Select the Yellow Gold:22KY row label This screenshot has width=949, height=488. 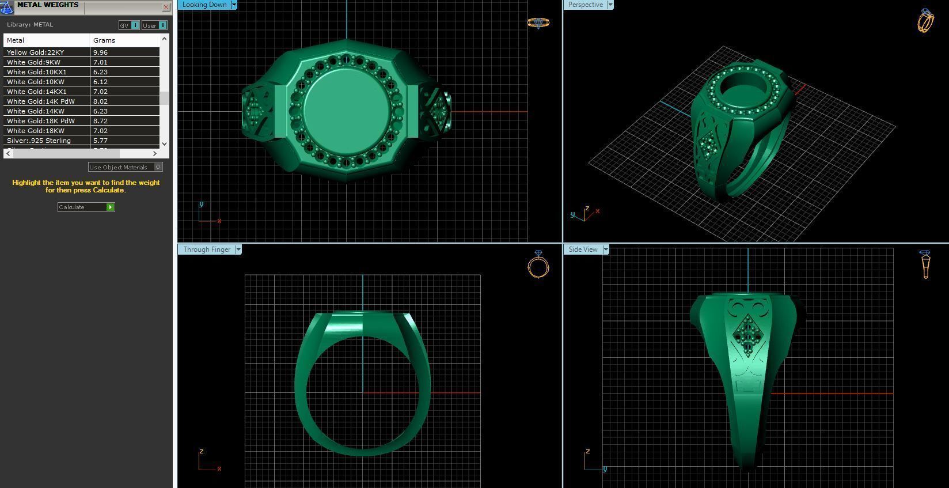tap(35, 52)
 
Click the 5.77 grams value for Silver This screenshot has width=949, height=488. tap(100, 141)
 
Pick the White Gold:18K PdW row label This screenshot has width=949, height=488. tap(40, 121)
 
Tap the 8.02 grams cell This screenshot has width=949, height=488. tap(100, 101)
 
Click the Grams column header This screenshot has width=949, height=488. tap(104, 40)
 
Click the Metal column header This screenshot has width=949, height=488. tap(16, 40)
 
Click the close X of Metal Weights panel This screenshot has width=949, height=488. tap(166, 7)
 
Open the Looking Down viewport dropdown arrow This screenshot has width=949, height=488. tap(234, 5)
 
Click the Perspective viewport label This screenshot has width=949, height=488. tap(585, 5)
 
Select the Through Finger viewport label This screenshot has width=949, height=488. tap(207, 249)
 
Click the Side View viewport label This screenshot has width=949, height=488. tap(583, 249)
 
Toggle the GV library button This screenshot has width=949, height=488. tap(129, 25)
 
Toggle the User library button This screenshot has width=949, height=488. tap(154, 25)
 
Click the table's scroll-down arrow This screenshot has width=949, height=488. tap(165, 143)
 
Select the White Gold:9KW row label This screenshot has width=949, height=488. tap(33, 62)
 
